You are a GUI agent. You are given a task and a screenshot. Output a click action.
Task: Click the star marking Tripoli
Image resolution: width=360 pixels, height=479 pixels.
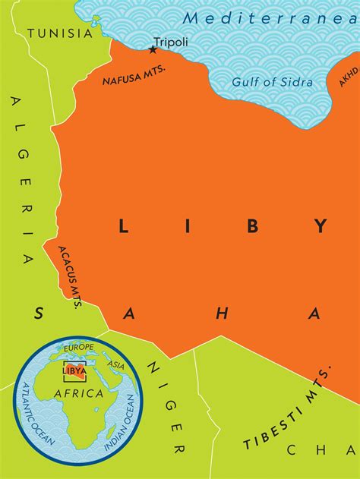pos(153,50)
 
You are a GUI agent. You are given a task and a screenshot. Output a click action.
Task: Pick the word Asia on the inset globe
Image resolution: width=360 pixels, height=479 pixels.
pos(116,365)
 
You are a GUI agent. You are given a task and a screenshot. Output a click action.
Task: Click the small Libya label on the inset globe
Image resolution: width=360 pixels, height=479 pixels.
pos(74,370)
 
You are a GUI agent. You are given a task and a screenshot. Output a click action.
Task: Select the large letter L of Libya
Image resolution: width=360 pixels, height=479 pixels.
pos(122,225)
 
